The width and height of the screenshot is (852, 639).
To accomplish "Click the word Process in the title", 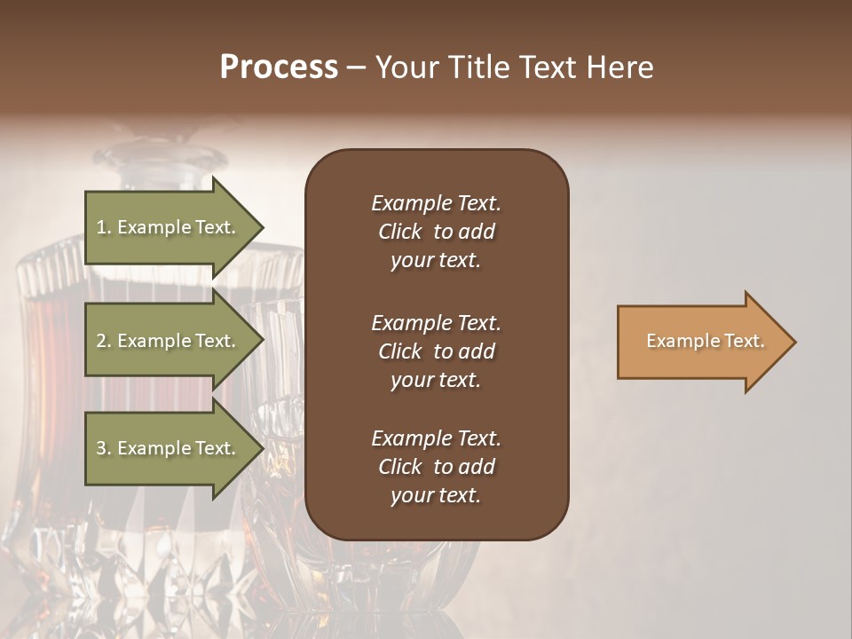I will pyautogui.click(x=279, y=67).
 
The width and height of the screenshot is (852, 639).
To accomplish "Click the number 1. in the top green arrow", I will pyautogui.click(x=103, y=227).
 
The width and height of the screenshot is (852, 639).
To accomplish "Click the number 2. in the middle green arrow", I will pyautogui.click(x=103, y=341).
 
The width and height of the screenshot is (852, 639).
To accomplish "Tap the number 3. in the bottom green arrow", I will pyautogui.click(x=103, y=448).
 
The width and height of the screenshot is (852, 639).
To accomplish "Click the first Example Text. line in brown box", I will pyautogui.click(x=436, y=203).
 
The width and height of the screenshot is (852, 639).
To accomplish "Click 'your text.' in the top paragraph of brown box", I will pyautogui.click(x=436, y=261).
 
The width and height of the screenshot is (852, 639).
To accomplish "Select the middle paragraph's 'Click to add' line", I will pyautogui.click(x=436, y=351).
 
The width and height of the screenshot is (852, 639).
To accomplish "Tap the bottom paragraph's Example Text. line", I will pyautogui.click(x=436, y=438).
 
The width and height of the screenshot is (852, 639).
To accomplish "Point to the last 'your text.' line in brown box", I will pyautogui.click(x=436, y=496).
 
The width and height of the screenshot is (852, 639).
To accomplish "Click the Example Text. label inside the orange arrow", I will pyautogui.click(x=706, y=341).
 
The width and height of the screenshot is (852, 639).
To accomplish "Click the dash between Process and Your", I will pyautogui.click(x=356, y=68).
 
